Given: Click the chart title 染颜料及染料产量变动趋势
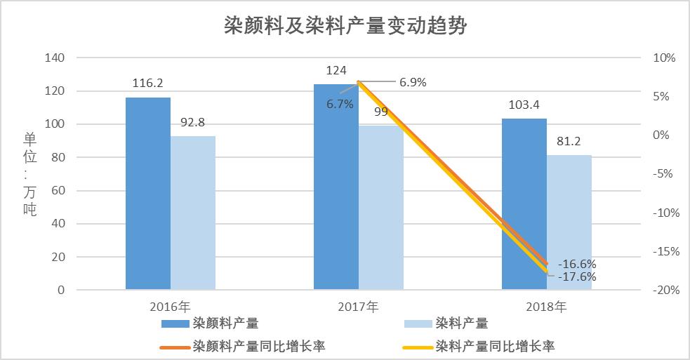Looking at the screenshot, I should [345, 26].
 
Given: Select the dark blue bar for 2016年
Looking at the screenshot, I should [148, 193].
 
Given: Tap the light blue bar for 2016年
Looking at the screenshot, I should [193, 213].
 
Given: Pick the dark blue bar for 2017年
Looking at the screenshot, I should [336, 187].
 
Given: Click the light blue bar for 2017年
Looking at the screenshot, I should [381, 208].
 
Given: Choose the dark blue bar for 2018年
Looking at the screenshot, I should [524, 204].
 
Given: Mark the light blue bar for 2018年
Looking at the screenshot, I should [569, 222].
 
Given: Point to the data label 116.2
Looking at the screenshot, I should [148, 84].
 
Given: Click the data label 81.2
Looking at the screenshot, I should [569, 141].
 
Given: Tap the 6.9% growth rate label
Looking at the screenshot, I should [413, 82].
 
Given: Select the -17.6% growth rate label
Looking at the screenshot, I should [577, 277].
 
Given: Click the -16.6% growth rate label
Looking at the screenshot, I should [577, 265].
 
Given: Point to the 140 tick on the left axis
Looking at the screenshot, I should [55, 58].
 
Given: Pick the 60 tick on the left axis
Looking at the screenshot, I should [58, 191].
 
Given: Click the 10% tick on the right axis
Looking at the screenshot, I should [663, 58].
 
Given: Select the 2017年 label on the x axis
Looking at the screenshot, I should [358, 307].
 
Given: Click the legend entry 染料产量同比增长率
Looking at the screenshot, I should [495, 346].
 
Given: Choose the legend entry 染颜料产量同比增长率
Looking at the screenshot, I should [258, 346].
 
